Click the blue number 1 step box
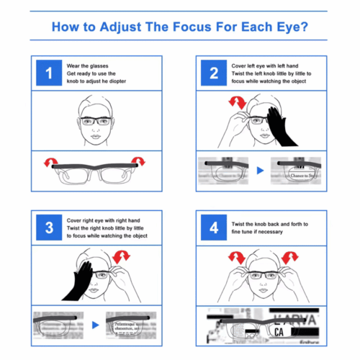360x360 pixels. [x=49, y=72]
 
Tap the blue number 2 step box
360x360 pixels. [x=213, y=72]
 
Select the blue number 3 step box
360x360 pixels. [x=49, y=228]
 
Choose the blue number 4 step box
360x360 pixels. [x=213, y=228]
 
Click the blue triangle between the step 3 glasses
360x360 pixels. [x=96, y=326]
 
